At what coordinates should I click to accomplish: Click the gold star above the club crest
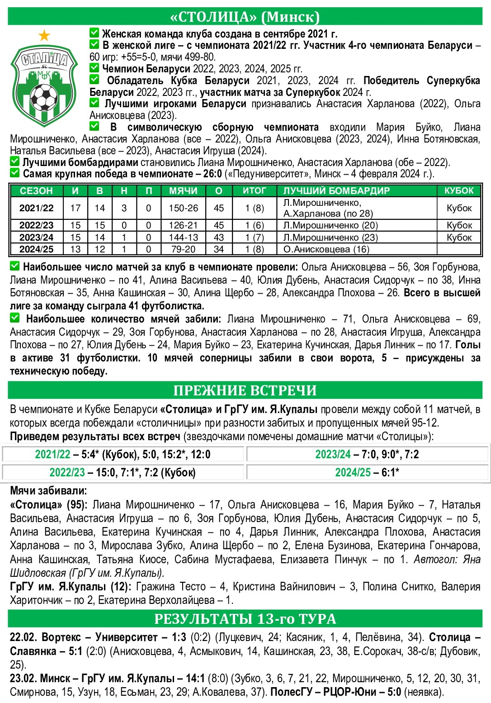(x=44, y=35)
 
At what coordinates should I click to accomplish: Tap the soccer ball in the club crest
(x=42, y=96)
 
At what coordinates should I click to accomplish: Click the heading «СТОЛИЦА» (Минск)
(x=245, y=17)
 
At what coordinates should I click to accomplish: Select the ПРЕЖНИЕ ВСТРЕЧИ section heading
(x=245, y=390)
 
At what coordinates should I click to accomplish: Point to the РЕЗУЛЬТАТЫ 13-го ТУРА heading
(x=245, y=618)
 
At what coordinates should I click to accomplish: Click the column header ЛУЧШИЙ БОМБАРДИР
(x=336, y=190)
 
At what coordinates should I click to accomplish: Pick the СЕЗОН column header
(x=36, y=190)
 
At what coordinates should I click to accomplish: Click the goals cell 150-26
(x=183, y=208)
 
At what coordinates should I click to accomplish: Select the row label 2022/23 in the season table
(x=36, y=225)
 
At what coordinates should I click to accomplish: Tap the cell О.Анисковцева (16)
(x=326, y=249)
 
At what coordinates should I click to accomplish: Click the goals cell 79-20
(x=183, y=249)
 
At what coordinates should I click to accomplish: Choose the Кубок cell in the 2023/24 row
(x=459, y=237)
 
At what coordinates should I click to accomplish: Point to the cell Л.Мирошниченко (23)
(x=330, y=237)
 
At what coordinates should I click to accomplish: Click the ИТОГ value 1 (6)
(x=254, y=225)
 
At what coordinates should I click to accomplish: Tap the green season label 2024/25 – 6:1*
(x=367, y=473)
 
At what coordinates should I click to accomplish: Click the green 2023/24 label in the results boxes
(x=333, y=455)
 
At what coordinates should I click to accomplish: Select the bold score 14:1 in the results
(x=195, y=679)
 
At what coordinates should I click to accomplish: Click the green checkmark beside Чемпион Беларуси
(x=94, y=68)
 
